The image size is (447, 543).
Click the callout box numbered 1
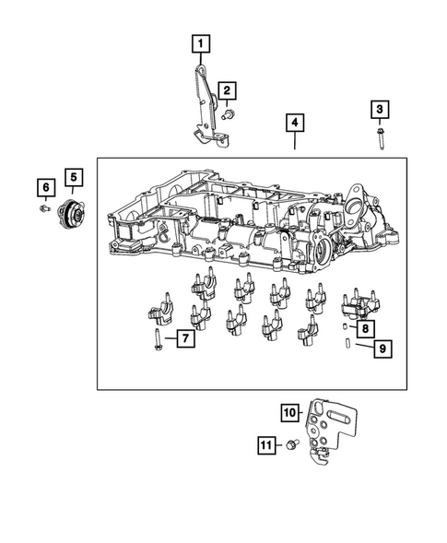200,41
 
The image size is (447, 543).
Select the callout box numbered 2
226,90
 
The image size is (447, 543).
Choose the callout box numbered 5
72,175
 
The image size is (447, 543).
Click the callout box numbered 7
185,339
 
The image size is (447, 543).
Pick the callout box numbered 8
365,327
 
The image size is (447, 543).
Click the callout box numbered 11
265,446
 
